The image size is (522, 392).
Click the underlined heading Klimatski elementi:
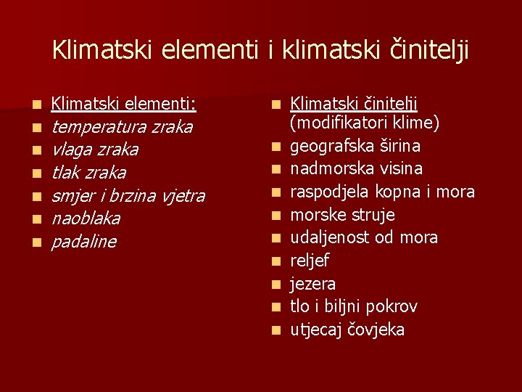click(x=124, y=105)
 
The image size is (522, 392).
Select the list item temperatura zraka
click(x=122, y=127)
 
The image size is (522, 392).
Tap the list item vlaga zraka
click(x=95, y=150)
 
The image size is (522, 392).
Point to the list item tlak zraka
click(x=88, y=173)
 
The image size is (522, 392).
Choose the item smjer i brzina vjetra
click(x=128, y=196)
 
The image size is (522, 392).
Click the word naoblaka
click(x=86, y=219)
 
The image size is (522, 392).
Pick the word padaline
click(x=83, y=242)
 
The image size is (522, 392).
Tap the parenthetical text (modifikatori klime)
click(x=365, y=123)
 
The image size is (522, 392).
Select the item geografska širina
click(x=355, y=146)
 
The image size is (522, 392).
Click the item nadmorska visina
click(x=356, y=168)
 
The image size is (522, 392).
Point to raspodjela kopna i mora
click(x=382, y=192)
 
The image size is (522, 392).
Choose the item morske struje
click(x=342, y=215)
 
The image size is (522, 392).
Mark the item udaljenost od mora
click(x=364, y=237)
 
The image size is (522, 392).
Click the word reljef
click(x=310, y=261)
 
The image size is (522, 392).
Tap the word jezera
click(x=313, y=284)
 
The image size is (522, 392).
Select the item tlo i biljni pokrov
click(x=354, y=306)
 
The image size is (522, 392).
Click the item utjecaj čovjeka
click(x=347, y=330)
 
